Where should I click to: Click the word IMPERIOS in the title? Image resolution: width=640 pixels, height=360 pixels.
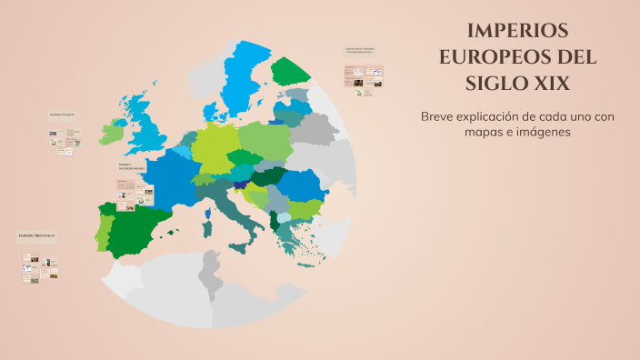click(517, 29)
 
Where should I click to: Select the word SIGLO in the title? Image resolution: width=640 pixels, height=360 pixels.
click(502, 83)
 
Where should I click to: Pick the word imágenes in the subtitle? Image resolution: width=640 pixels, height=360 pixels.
click(542, 132)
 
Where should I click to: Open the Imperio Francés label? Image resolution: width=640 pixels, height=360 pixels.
click(62, 115)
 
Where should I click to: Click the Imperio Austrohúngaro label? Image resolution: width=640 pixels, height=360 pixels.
click(130, 166)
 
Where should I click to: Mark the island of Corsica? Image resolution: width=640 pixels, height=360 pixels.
click(207, 215)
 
